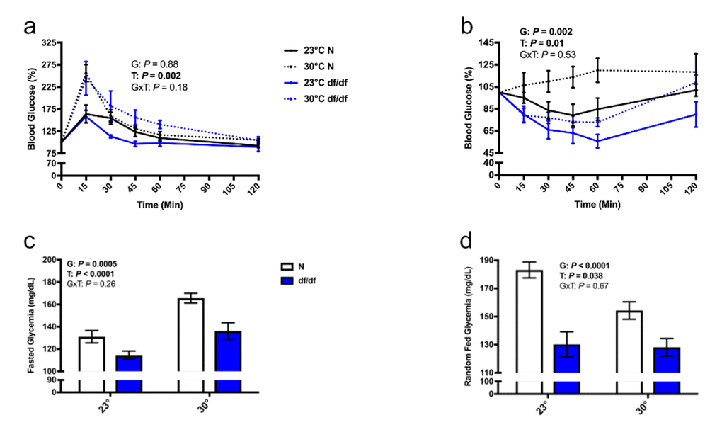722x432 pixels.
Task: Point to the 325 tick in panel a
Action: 50,42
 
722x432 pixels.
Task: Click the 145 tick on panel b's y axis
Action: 486,42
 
